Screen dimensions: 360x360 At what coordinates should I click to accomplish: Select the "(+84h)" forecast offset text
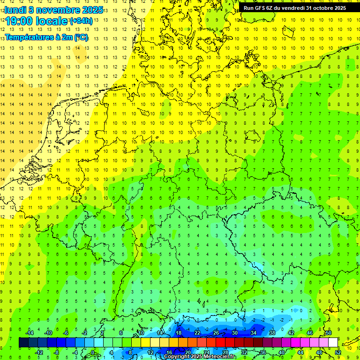click(x=81, y=21)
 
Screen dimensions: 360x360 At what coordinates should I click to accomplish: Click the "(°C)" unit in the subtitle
click(x=81, y=37)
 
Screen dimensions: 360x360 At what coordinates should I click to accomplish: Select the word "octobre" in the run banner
click(x=322, y=7)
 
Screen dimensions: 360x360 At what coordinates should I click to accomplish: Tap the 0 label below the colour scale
click(x=92, y=352)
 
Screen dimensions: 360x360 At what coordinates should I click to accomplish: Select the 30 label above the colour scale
click(x=235, y=333)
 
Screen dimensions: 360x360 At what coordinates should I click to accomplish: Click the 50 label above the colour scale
click(x=329, y=333)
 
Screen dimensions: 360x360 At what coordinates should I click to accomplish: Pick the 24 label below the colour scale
click(x=207, y=352)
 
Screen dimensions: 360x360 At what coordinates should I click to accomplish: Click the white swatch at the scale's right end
click(x=333, y=343)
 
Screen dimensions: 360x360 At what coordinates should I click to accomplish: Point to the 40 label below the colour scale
click(x=282, y=352)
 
